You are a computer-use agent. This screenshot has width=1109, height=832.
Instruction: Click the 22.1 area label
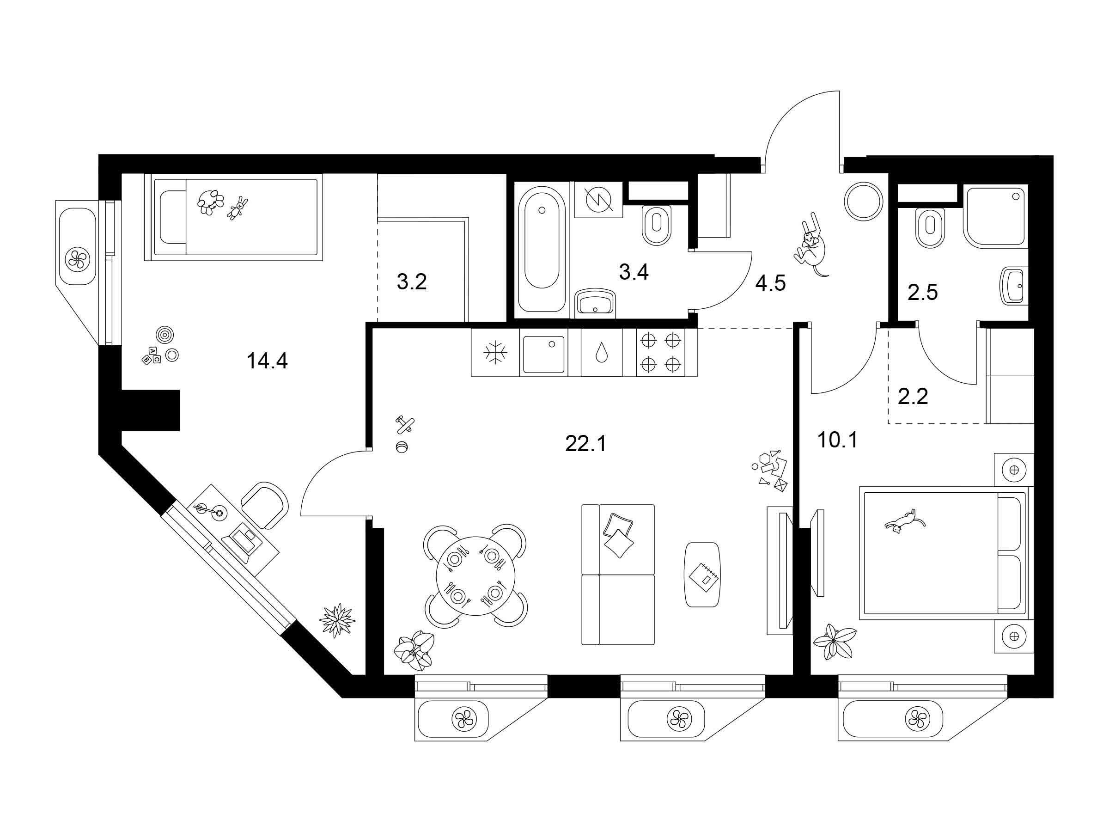coord(585,444)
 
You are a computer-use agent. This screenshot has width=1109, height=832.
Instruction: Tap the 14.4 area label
coord(267,361)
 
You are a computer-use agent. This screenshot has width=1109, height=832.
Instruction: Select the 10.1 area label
coord(837,440)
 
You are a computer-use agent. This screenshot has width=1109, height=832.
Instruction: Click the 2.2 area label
coord(913,397)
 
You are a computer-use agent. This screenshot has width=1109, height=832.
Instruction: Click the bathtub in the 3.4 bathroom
coord(542,249)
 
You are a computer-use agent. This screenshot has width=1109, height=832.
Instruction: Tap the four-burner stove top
coord(667,352)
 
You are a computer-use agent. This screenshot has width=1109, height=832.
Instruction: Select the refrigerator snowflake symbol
coord(495,353)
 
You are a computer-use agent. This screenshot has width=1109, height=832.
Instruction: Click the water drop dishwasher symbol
coord(601,353)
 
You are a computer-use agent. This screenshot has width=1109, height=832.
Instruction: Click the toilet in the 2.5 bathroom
coord(930,227)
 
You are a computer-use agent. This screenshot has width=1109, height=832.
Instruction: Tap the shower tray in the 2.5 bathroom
coord(995,216)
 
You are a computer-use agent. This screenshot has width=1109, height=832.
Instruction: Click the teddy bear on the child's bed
coord(210,202)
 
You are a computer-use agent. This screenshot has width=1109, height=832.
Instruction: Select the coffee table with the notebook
coord(703,575)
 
